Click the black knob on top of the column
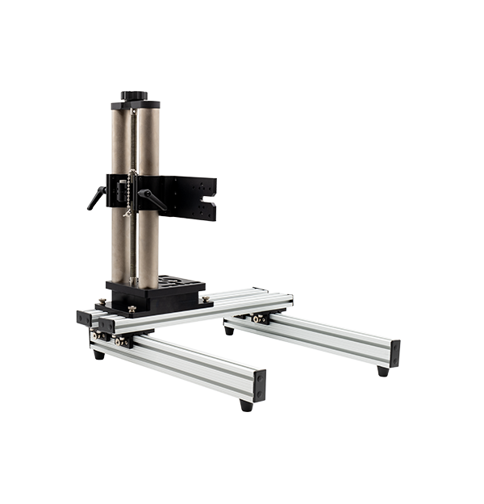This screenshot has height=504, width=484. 135,95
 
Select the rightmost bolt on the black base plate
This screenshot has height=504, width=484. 207,299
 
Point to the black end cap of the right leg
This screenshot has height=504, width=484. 394,352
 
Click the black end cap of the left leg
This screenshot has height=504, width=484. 260,385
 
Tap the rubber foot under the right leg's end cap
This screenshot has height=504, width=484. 382,371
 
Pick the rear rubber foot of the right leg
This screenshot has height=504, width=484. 229,330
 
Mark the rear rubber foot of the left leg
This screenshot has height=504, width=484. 98,354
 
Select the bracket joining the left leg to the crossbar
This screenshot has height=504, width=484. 121,341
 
